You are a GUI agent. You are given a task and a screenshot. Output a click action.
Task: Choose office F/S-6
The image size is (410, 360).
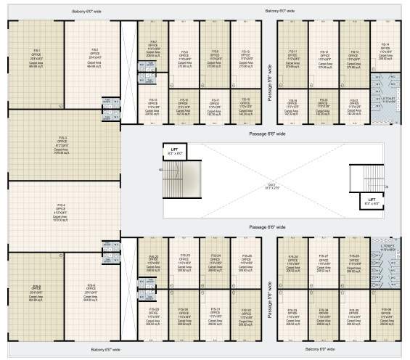[91, 290]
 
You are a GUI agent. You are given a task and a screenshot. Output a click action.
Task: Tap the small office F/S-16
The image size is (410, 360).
[184, 105]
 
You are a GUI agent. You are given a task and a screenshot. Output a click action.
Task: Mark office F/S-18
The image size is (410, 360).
[245, 105]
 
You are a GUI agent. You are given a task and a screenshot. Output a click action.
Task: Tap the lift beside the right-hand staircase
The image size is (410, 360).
[372, 202]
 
